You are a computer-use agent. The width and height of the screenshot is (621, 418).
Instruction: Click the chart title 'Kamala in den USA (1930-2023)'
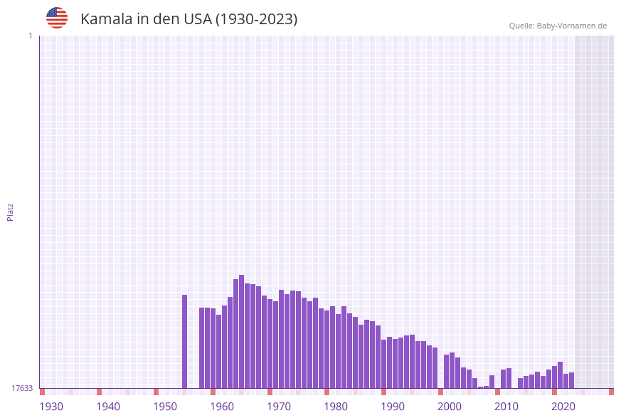tap(189, 19)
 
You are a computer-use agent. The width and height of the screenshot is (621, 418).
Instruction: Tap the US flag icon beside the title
tap(57, 18)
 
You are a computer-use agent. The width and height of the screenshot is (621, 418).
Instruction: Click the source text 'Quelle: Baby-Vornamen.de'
tap(558, 26)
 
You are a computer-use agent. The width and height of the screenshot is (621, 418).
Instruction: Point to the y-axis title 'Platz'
tap(11, 211)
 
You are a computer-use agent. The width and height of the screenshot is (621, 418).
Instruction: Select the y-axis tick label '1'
tap(30, 36)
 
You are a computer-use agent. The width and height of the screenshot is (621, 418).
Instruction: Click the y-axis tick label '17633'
tap(22, 388)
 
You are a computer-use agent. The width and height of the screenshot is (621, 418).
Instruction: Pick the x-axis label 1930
tap(51, 407)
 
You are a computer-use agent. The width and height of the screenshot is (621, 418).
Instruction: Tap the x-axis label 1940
tap(108, 407)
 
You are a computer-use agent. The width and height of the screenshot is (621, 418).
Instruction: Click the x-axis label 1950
tap(165, 407)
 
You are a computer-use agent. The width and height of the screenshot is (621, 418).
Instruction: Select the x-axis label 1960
tap(222, 407)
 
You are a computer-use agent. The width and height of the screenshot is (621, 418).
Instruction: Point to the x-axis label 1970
tap(279, 407)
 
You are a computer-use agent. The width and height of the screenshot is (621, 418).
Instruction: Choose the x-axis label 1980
tap(336, 407)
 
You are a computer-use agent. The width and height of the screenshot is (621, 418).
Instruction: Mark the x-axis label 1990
tap(393, 407)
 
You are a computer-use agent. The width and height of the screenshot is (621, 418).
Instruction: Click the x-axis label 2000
tap(450, 407)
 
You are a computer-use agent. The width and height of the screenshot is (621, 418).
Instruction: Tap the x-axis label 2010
tap(506, 407)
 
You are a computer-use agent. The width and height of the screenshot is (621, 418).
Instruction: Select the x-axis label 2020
tap(563, 407)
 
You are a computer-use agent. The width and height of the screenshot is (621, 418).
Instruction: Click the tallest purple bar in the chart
tap(241, 331)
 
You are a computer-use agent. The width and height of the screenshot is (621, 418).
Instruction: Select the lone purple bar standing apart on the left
tap(184, 341)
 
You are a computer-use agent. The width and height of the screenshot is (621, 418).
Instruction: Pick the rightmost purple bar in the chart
tap(571, 380)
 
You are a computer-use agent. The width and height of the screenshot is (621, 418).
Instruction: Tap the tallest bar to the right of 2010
tap(560, 375)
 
